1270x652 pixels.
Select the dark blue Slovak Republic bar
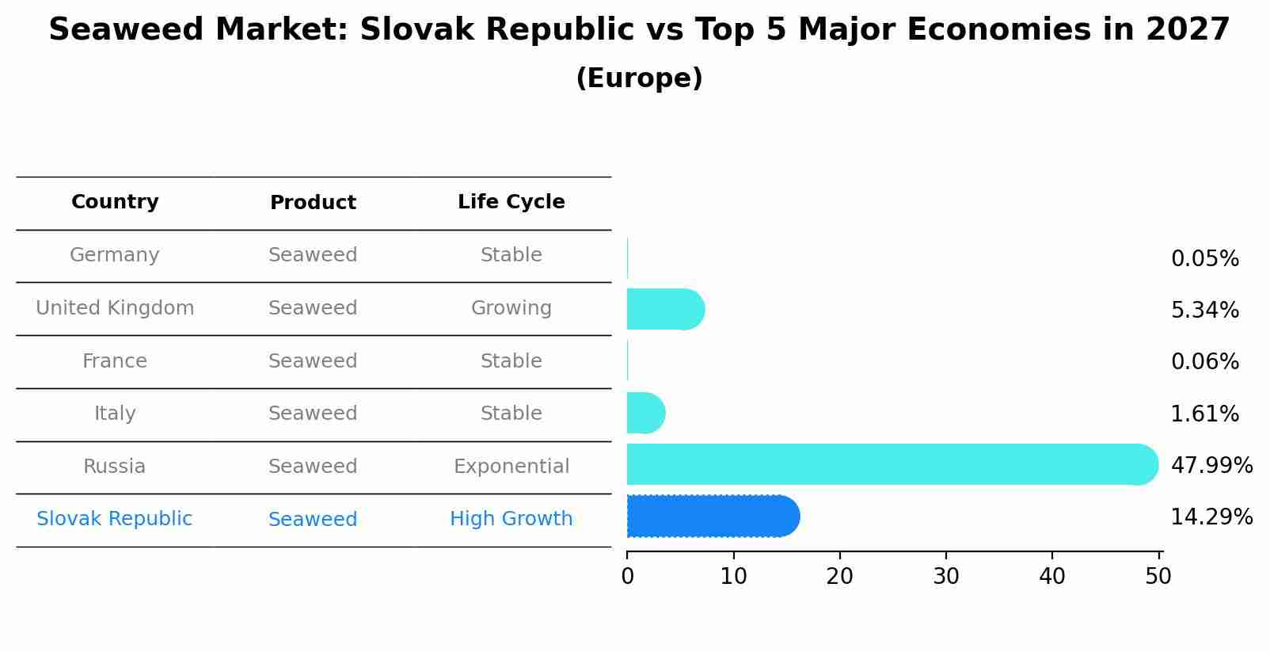[x=713, y=516]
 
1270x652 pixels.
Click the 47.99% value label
[x=1211, y=465]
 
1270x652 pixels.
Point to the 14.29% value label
[x=1211, y=517]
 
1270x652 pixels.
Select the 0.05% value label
[x=1204, y=259]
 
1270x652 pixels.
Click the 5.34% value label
[x=1204, y=311]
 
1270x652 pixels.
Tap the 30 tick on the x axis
[x=946, y=577]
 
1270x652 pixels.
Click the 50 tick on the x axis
[x=1158, y=577]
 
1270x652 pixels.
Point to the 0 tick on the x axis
[x=627, y=577]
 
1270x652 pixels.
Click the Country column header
[x=115, y=202]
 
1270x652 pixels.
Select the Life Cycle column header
[x=511, y=202]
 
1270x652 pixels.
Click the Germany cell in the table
[x=115, y=255]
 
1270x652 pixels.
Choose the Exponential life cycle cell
[x=511, y=467]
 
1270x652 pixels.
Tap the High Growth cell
[x=511, y=519]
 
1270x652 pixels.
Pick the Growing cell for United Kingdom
[x=511, y=308]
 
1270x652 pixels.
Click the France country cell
[x=115, y=361]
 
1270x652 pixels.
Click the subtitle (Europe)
[x=639, y=78]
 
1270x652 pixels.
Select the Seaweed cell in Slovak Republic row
[x=313, y=520]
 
